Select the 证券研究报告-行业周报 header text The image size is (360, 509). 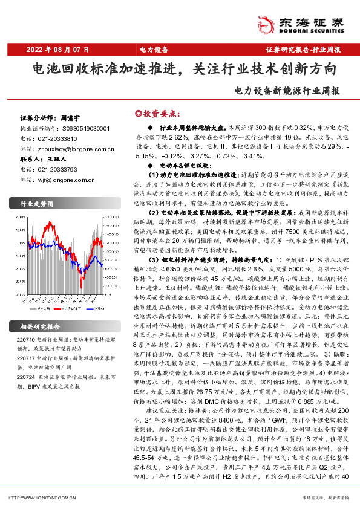tap(303, 49)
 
